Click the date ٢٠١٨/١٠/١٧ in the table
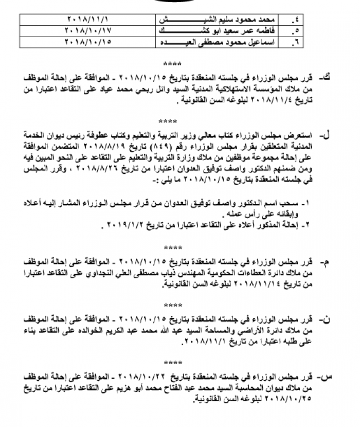point(88,30)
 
